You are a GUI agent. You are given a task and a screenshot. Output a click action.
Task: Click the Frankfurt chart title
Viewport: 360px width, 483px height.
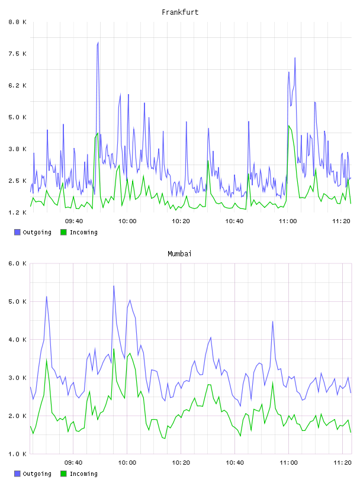tap(180, 12)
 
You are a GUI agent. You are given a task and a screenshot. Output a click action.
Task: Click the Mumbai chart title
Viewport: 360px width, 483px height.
tap(179, 254)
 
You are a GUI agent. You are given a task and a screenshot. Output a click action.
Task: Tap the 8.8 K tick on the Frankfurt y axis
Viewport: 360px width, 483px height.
tap(17, 22)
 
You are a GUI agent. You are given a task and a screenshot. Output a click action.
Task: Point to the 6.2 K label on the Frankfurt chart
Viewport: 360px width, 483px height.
tap(17, 86)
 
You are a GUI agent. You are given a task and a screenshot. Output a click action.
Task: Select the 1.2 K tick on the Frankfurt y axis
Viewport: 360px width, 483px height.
tap(17, 212)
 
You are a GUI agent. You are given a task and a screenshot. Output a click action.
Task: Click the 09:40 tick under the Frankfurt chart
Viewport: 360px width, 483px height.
tap(74, 221)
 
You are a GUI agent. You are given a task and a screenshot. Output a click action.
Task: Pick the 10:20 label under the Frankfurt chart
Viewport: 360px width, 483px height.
tap(181, 221)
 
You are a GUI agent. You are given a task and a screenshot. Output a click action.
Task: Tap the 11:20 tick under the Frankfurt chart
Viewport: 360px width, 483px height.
tap(342, 221)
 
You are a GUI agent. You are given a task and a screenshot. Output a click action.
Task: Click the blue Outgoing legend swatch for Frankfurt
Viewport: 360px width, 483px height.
tap(17, 232)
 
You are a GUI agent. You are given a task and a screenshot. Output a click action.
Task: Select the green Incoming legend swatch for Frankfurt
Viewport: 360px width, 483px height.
tap(63, 232)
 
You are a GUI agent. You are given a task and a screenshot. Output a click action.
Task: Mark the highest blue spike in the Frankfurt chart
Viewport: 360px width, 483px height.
tap(98, 43)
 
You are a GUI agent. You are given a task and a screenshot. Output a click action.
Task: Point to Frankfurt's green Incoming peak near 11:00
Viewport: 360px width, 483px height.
tap(289, 125)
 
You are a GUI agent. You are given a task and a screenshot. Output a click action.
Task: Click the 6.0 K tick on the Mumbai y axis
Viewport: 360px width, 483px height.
tap(17, 263)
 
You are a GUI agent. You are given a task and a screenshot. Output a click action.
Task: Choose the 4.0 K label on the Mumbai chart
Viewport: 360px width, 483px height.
tap(17, 340)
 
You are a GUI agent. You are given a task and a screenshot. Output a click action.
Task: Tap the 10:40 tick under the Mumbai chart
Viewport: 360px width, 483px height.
tap(235, 463)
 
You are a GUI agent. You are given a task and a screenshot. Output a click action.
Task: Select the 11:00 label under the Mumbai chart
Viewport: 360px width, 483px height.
tap(289, 463)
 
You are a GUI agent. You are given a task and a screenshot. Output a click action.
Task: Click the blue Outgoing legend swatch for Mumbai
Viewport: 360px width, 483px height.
tap(17, 474)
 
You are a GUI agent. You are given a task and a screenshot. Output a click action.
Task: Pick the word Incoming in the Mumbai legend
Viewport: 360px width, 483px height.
tap(84, 474)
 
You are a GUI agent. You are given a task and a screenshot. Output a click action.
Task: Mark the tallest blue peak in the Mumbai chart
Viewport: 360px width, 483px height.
tap(114, 286)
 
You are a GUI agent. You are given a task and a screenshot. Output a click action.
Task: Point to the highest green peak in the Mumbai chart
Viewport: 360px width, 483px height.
tap(114, 349)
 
